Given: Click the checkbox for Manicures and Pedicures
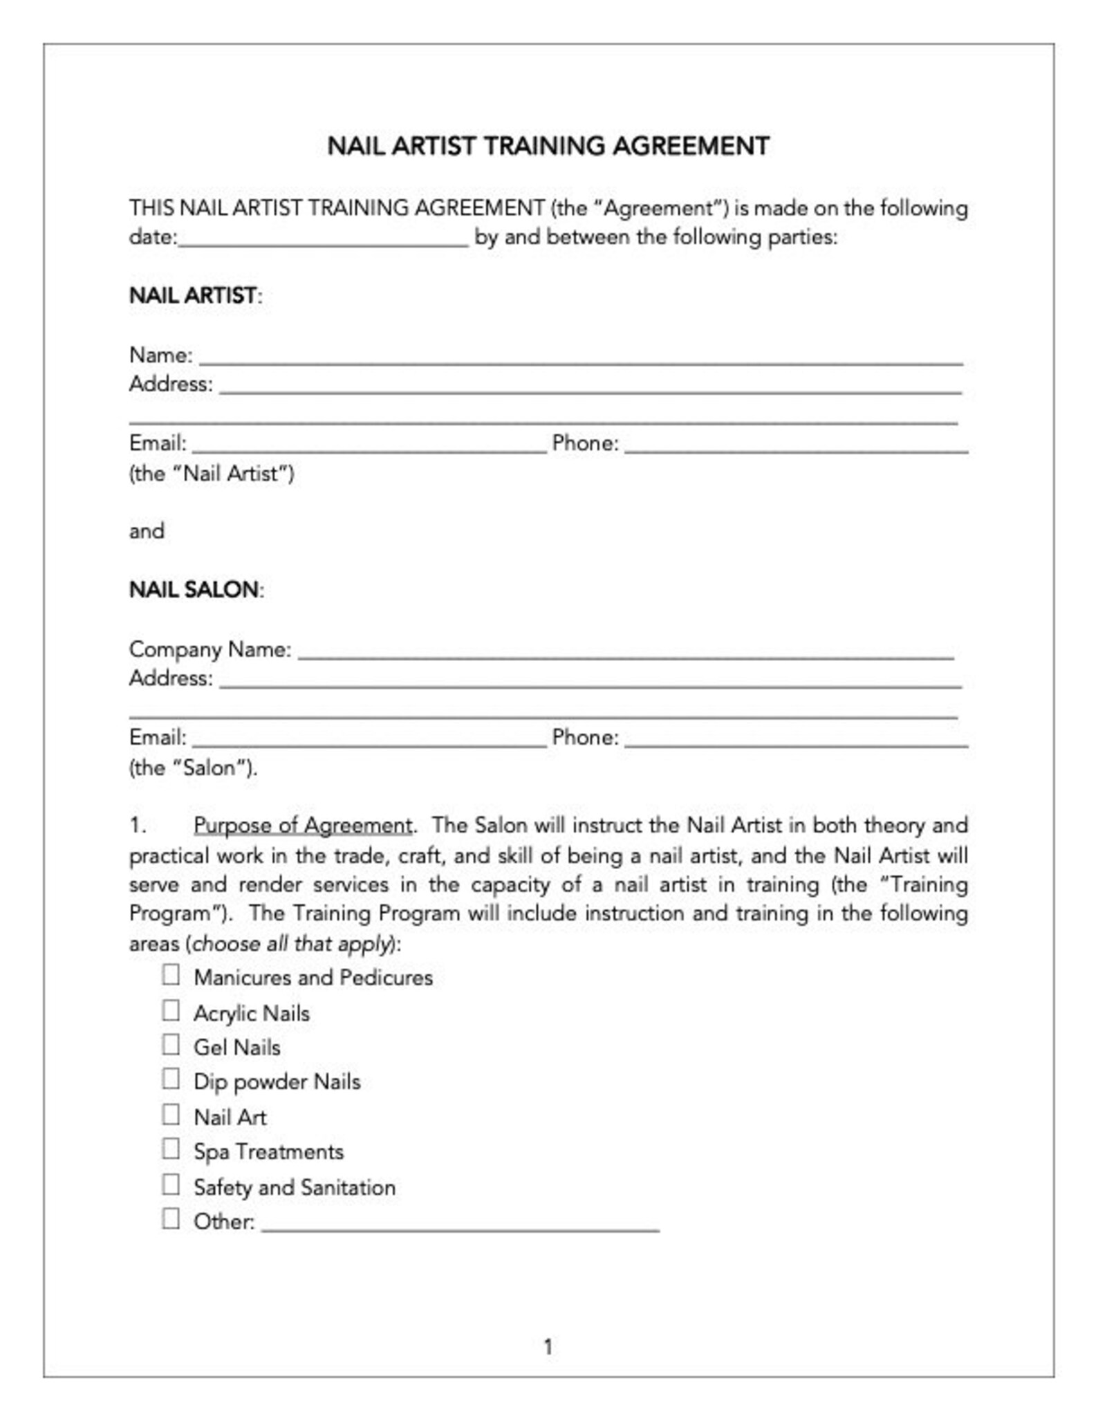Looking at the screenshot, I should (x=171, y=975).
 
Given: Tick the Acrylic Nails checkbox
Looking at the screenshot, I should (x=171, y=1010).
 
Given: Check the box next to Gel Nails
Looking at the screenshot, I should (x=171, y=1045).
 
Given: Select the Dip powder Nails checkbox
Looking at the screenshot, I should (x=171, y=1079).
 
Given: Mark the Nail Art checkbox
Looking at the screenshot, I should (x=171, y=1115).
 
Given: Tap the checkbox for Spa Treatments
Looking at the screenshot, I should (x=171, y=1149).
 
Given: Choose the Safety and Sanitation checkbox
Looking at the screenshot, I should (x=171, y=1185).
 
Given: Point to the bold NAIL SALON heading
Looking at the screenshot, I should (x=194, y=590).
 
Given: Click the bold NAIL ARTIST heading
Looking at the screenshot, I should (x=193, y=296).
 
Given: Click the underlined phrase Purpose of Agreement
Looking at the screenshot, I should (x=303, y=826).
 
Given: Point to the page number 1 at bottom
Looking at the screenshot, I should (x=548, y=1347).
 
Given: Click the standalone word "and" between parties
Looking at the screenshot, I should (x=147, y=532).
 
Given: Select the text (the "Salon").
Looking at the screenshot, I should (x=193, y=768).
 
